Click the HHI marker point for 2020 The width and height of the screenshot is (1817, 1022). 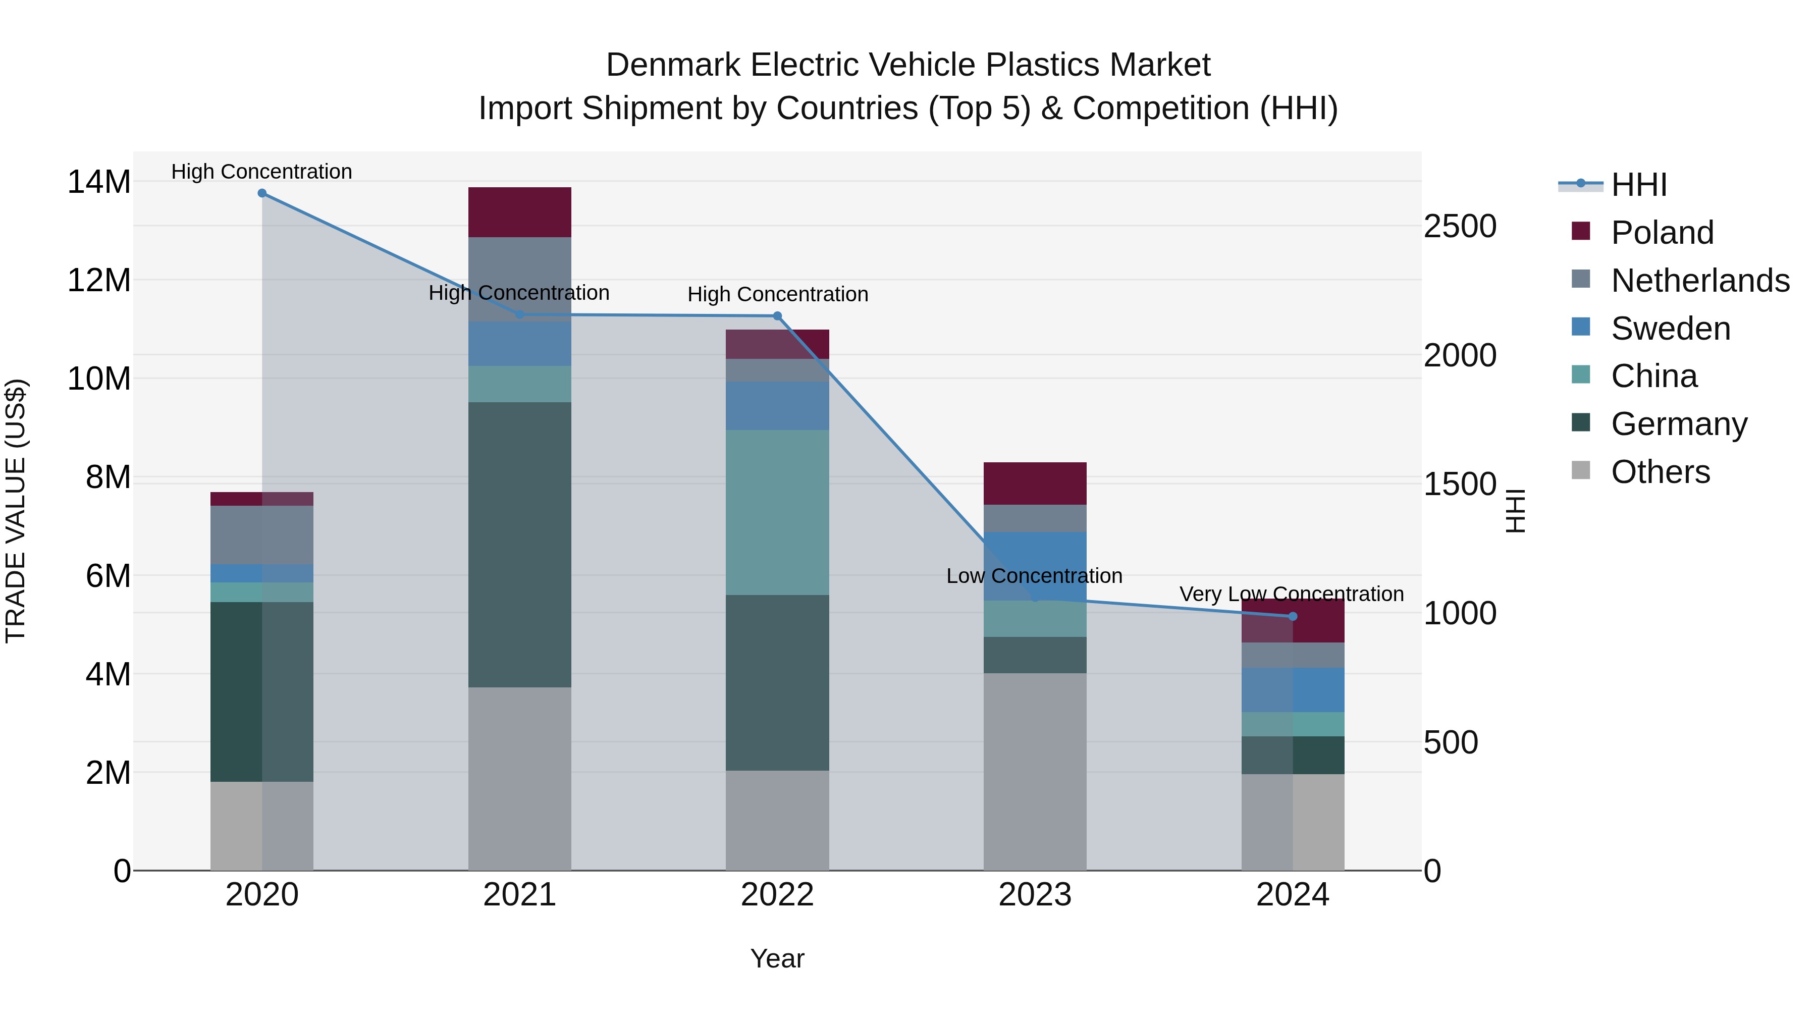point(261,193)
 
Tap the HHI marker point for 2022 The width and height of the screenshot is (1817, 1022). point(777,316)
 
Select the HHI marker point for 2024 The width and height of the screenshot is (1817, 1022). point(1292,616)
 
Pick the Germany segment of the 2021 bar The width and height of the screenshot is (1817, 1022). point(519,545)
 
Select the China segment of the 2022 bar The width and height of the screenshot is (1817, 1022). point(777,512)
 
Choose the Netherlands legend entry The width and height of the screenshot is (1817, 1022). point(1700,280)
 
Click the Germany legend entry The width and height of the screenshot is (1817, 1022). point(1679,423)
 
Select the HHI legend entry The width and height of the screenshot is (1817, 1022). point(1638,185)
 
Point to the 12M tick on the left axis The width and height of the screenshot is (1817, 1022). point(99,280)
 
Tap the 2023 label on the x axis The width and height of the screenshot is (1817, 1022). point(1035,894)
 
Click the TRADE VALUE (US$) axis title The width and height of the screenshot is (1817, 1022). point(16,511)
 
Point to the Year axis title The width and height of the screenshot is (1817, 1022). point(777,958)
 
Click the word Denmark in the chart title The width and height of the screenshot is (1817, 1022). point(674,65)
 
